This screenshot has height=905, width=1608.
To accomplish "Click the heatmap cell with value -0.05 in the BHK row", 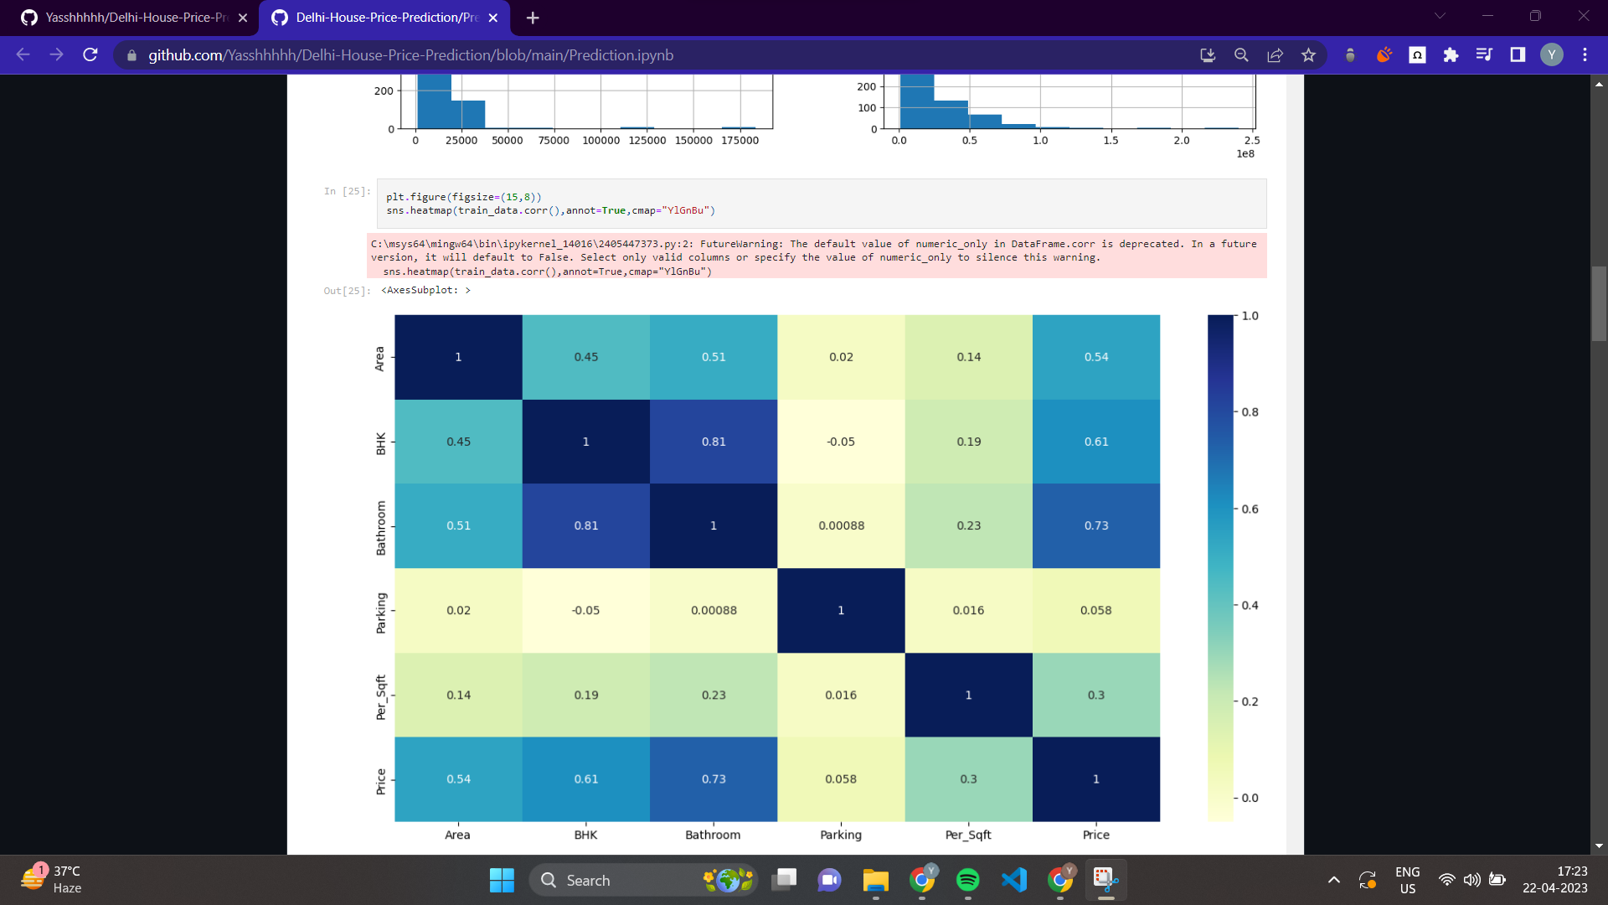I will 841,442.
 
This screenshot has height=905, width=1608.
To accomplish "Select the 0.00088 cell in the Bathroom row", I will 841,525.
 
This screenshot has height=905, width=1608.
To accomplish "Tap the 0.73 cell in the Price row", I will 714,779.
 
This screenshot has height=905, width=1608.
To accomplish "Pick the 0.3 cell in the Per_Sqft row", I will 1095,695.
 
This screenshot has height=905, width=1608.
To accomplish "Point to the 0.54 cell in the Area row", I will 1095,357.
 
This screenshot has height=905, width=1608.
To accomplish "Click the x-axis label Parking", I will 841,835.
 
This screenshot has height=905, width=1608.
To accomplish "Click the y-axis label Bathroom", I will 381,528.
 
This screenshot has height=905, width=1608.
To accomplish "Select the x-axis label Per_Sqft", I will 968,835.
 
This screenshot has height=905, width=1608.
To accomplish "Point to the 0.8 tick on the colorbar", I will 1250,412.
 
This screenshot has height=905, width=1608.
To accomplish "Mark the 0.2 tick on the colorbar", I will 1250,702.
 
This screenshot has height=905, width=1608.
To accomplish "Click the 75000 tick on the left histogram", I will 554,141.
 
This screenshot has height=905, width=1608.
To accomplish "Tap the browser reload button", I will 90,55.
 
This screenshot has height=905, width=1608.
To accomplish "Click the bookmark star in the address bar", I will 1308,55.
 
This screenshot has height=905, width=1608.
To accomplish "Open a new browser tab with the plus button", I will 533,18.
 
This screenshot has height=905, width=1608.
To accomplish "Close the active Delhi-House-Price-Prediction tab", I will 493,18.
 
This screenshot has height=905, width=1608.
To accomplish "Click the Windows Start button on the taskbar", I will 502,880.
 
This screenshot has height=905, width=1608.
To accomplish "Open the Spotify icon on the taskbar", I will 967,880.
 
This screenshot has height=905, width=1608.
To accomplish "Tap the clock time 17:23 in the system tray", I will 1572,871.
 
